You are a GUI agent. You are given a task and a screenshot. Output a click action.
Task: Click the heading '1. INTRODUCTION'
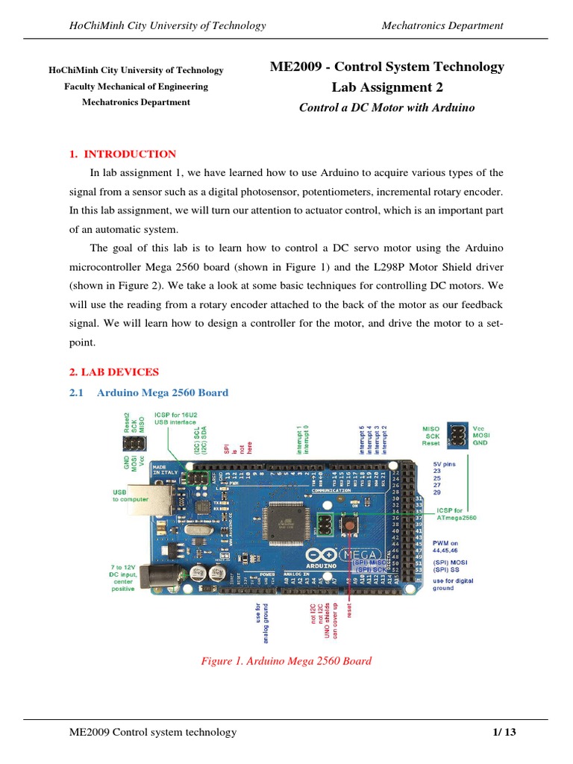[x=122, y=154]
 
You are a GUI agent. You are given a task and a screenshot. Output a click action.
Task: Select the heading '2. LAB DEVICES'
[x=113, y=372]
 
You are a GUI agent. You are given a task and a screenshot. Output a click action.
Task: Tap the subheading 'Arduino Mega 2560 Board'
[x=163, y=392]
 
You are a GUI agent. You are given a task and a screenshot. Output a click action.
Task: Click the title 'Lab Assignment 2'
[x=386, y=87]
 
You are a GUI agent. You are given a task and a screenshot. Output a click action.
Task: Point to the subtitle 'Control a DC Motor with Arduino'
[x=386, y=107]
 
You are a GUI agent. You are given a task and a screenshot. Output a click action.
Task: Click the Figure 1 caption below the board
[x=286, y=661]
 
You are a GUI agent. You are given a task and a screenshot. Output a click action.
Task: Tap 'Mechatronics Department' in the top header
[x=442, y=26]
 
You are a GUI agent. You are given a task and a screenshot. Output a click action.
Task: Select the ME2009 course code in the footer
[x=90, y=732]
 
